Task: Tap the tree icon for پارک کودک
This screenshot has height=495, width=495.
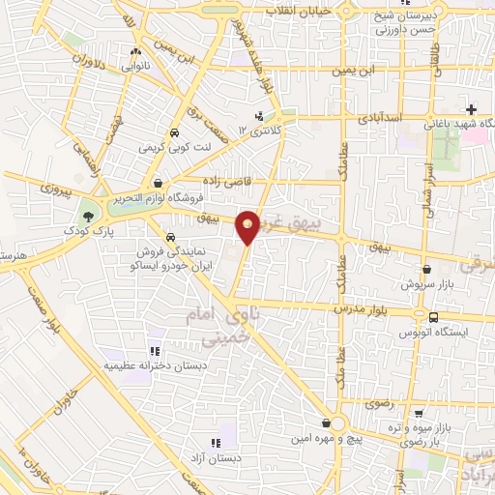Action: point(90,216)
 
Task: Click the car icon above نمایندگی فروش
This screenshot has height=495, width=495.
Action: point(170,237)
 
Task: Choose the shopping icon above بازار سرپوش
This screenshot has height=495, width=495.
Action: point(427,271)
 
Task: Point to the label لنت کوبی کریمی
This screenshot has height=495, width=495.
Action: point(172,148)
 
